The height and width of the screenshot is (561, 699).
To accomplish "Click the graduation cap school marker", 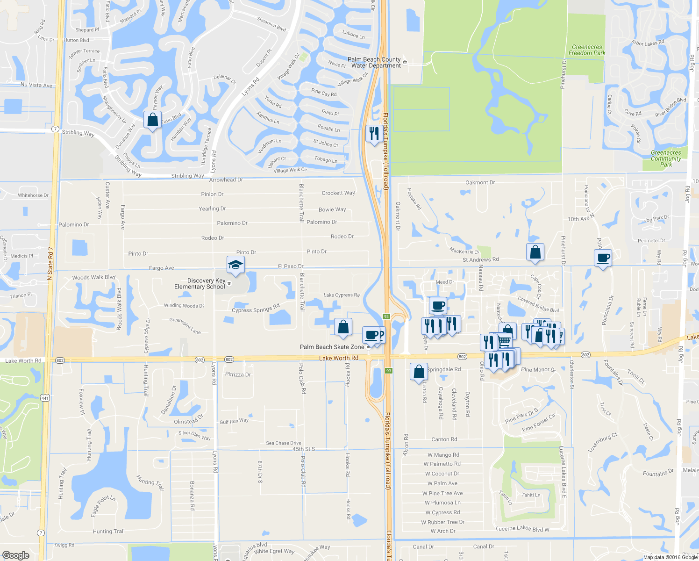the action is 235,265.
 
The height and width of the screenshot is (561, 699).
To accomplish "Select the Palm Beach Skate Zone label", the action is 332,347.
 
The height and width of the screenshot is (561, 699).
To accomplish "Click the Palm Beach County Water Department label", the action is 374,63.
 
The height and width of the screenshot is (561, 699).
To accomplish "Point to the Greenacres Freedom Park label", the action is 587,50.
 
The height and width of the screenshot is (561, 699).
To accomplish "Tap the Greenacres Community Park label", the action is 666,158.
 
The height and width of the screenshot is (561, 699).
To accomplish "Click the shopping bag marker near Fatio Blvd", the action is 153,120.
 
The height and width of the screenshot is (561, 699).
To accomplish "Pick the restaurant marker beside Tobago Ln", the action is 374,134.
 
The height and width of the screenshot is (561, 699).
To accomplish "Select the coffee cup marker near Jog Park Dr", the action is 603,258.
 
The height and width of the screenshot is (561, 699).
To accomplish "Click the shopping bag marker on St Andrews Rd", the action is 535,252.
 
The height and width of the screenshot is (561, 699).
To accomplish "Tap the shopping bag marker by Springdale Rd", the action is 419,372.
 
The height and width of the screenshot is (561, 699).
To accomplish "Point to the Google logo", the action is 16,555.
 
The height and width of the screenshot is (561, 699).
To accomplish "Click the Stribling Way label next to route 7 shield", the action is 78,133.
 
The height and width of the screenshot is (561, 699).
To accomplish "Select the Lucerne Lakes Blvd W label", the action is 522,528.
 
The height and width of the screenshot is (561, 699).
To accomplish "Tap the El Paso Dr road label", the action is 291,266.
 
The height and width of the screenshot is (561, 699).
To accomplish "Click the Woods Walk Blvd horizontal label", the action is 93,277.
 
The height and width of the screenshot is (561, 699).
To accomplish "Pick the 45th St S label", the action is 304,449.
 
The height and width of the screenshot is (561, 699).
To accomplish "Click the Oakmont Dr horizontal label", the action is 480,182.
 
